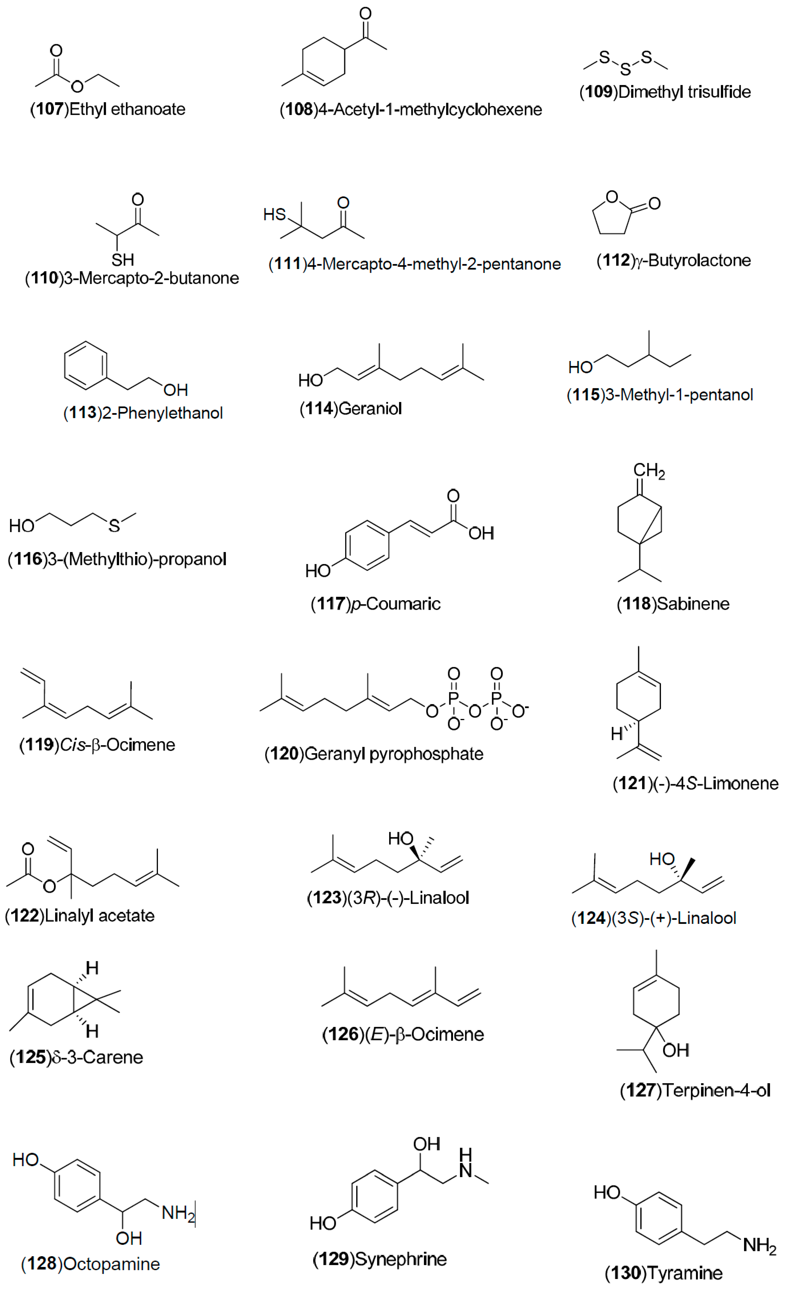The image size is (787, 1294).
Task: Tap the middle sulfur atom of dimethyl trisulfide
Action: pyautogui.click(x=625, y=69)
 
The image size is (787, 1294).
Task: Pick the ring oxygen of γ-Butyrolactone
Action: pyautogui.click(x=612, y=197)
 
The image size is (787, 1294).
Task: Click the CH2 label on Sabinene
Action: pyautogui.click(x=649, y=471)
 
